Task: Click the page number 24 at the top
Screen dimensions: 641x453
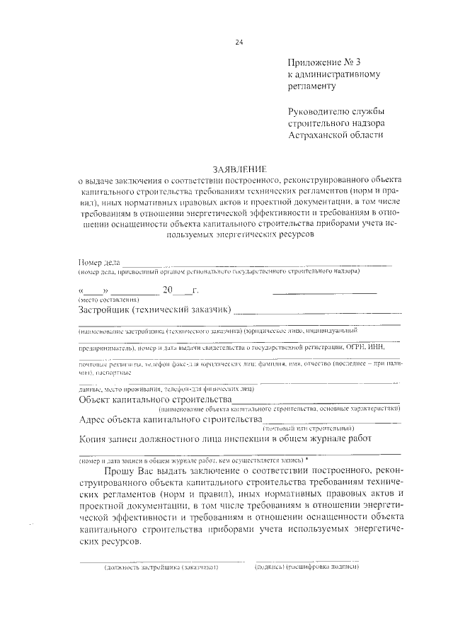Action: pyautogui.click(x=239, y=42)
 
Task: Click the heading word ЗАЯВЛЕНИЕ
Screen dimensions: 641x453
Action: pyautogui.click(x=239, y=169)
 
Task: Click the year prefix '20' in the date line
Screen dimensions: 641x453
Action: pyautogui.click(x=168, y=290)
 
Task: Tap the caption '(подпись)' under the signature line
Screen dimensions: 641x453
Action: pyautogui.click(x=270, y=568)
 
